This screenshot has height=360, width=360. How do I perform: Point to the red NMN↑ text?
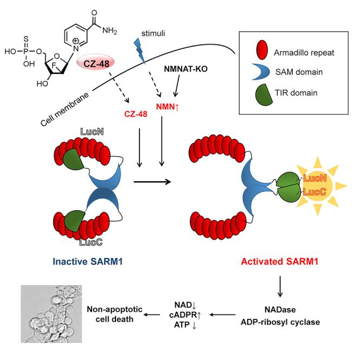[168, 106]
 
